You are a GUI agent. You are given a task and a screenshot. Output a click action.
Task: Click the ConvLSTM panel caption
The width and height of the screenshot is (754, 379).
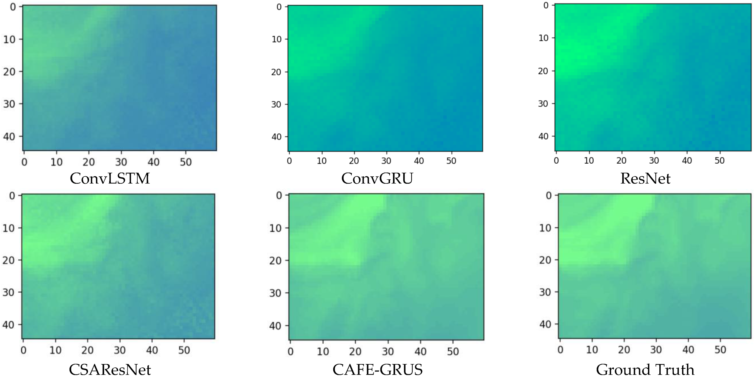110,179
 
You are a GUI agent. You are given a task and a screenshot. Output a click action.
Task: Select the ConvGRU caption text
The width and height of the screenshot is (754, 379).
377,179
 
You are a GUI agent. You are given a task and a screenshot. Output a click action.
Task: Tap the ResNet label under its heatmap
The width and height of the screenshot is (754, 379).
645,179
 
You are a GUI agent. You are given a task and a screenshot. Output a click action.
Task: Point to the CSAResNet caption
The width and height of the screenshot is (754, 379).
110,370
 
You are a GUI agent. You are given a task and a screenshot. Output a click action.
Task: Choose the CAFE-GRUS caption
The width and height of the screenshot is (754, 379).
378,370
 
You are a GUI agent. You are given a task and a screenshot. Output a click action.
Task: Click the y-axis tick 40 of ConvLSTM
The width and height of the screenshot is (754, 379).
9,137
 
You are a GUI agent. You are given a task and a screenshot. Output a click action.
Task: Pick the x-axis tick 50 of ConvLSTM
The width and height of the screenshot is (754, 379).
186,162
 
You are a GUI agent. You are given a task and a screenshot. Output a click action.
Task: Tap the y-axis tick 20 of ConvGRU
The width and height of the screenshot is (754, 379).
276,72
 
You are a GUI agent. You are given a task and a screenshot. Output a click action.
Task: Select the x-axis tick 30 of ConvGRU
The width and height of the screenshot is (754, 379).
386,161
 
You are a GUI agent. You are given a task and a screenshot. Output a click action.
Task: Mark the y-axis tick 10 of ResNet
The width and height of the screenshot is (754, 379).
544,38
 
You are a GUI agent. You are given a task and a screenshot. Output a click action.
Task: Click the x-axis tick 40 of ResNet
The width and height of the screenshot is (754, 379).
687,161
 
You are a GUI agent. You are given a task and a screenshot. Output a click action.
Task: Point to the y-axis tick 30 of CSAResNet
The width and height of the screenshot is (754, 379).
8,292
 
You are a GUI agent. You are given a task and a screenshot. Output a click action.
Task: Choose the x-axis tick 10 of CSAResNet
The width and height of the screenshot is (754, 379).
55,350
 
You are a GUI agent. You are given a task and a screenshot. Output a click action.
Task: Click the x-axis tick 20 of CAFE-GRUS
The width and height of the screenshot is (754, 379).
355,351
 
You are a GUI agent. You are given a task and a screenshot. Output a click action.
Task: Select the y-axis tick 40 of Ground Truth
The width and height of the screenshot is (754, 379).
545,325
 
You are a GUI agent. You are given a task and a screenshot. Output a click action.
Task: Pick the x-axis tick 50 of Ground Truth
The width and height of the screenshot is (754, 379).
720,350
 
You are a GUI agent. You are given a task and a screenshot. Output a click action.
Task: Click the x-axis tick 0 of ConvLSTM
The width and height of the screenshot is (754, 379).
24,162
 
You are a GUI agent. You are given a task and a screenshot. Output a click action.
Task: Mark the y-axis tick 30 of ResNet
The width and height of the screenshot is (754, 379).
544,104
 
